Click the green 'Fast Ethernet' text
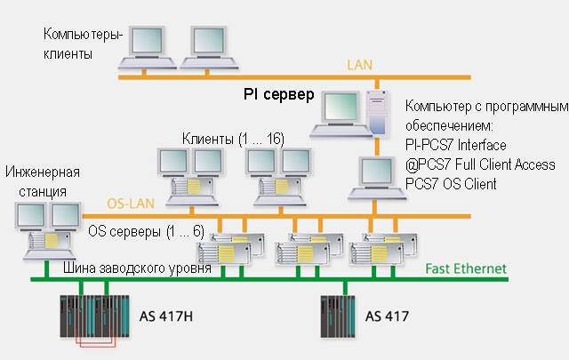(465, 268)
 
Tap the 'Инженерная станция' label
(42, 180)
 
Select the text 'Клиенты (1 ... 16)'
(233, 138)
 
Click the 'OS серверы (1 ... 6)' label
(147, 231)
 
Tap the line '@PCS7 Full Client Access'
(479, 164)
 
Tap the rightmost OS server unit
(384, 248)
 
